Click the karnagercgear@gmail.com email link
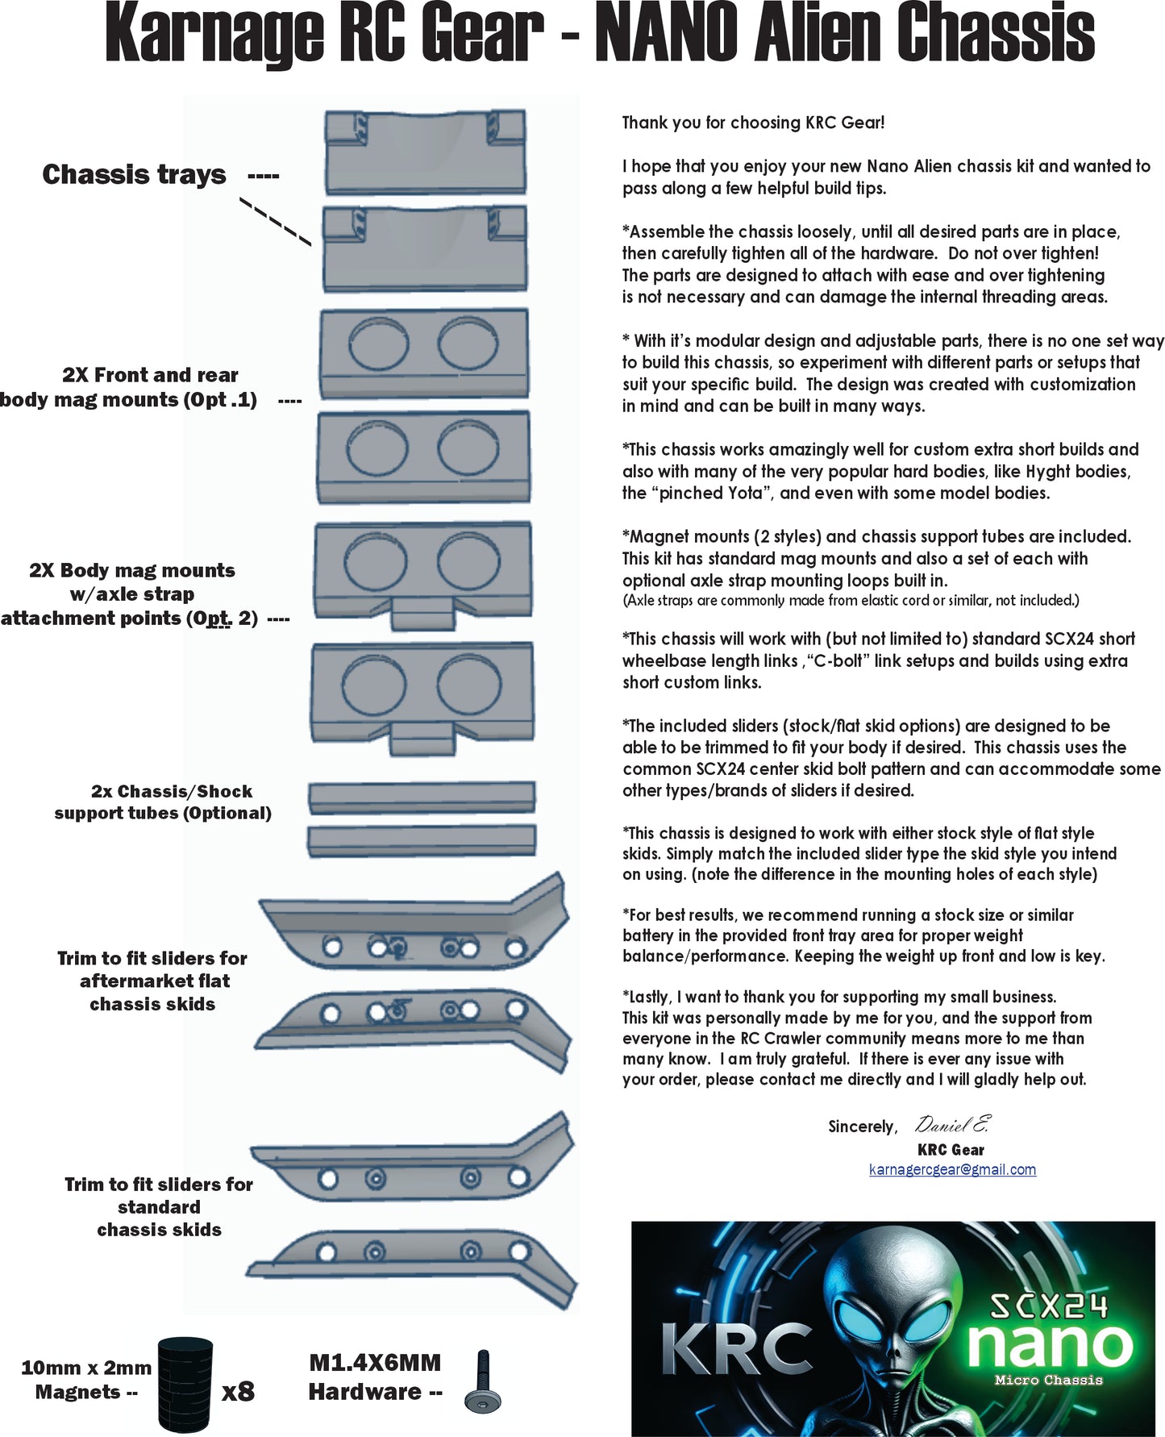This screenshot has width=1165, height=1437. (952, 1169)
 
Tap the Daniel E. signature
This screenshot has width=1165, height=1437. (951, 1124)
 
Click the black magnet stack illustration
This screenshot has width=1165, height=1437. (185, 1385)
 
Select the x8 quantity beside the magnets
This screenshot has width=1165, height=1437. (238, 1391)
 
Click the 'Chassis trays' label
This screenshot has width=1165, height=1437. (134, 175)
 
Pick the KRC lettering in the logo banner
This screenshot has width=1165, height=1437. (736, 1349)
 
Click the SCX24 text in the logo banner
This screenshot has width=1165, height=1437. (1048, 1306)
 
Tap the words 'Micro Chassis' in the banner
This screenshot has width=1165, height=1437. (1048, 1380)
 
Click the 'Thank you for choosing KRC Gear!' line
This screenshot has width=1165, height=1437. (753, 123)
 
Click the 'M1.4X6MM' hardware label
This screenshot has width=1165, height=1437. (375, 1363)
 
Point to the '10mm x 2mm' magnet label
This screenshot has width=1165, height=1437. (86, 1368)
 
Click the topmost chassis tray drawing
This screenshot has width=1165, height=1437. (424, 152)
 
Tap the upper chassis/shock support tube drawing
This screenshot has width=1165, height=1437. (422, 797)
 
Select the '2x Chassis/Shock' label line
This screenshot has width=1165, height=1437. (171, 791)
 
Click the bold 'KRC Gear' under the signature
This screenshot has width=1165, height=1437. (951, 1150)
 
